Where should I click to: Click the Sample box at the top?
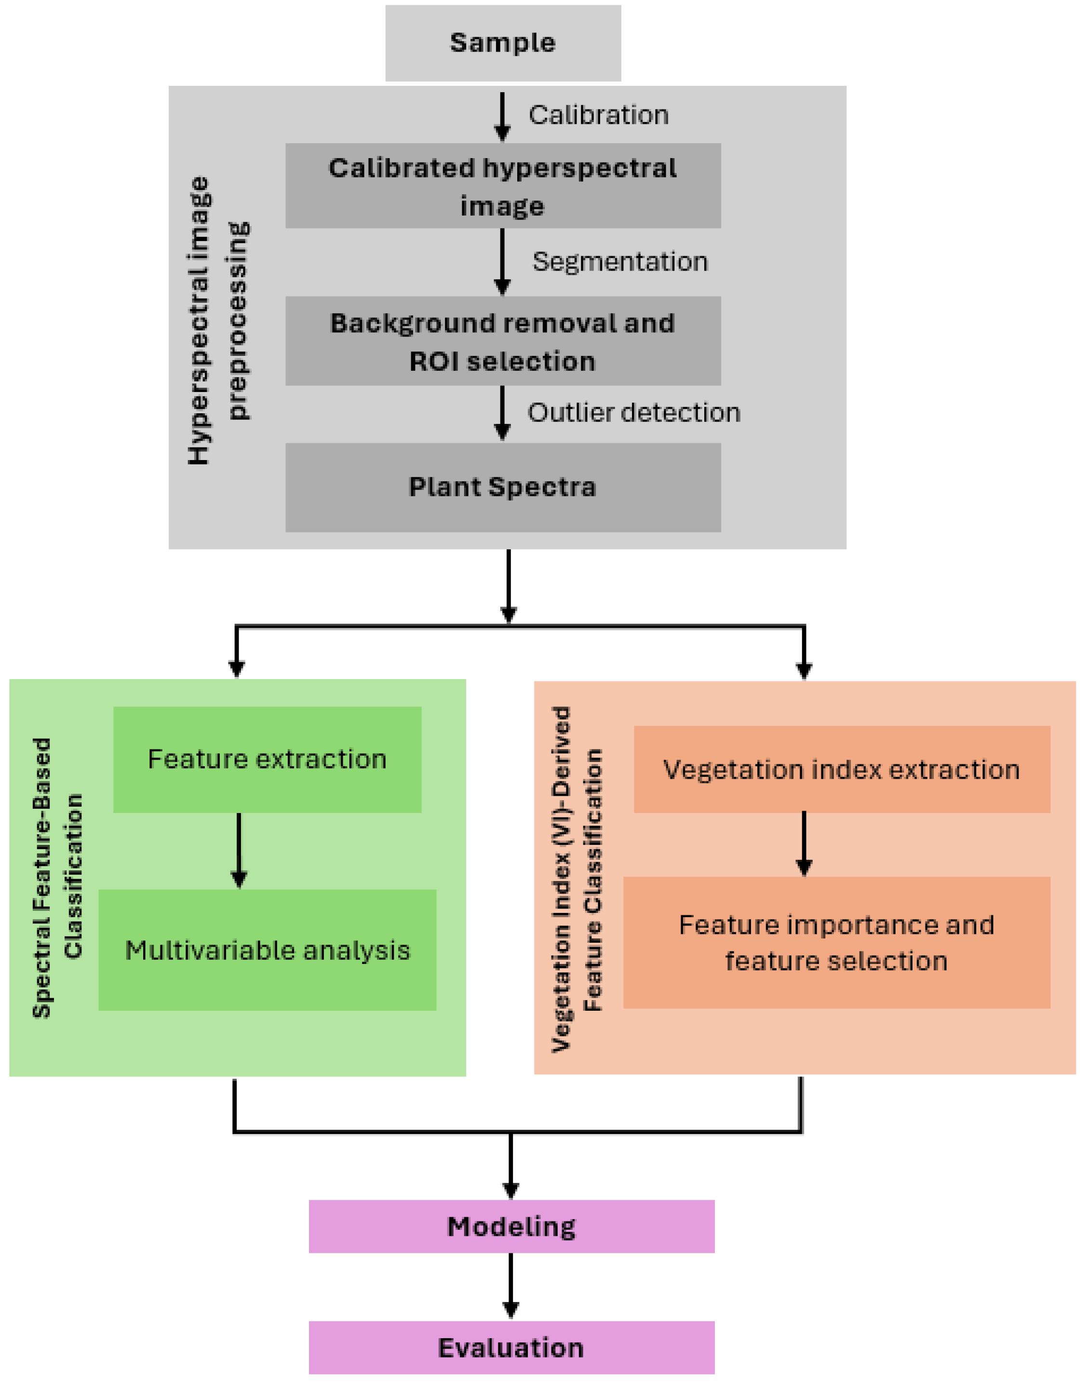point(503,42)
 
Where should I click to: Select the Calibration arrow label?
point(598,115)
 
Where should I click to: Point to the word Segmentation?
point(620,262)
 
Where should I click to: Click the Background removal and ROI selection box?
point(503,341)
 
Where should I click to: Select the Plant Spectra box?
point(503,487)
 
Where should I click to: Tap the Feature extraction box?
point(268,759)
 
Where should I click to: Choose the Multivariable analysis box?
point(268,950)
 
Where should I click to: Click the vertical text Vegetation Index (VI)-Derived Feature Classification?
point(577,879)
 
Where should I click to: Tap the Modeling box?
point(511,1226)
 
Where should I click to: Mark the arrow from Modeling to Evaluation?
point(511,1286)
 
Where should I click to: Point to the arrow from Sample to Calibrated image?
point(503,116)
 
